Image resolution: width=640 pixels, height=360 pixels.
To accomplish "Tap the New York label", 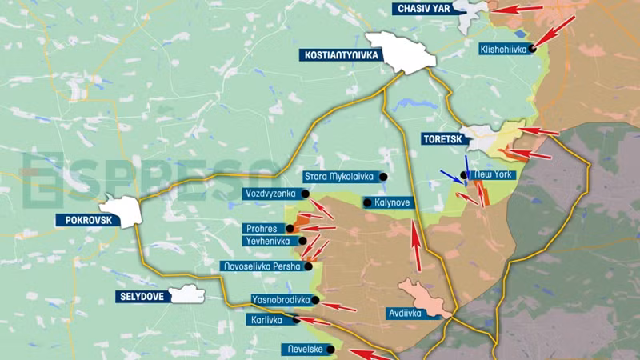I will coord(493,174).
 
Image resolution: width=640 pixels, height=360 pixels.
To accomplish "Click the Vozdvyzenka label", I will coord(271,194).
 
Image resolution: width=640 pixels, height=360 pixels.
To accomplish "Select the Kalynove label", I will coord(391,202).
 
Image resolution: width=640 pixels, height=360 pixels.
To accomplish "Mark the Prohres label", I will coord(262,229).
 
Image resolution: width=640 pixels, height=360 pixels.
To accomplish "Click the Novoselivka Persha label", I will coord(262,266).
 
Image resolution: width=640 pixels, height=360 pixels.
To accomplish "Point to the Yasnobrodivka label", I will coord(280,299).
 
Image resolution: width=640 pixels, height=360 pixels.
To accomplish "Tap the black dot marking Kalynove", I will coord(367,203).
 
